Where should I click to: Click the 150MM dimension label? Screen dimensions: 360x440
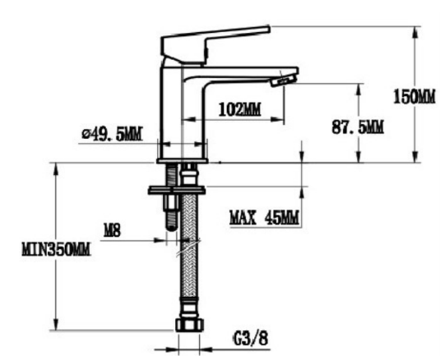(415, 96)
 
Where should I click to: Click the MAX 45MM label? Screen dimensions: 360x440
(263, 219)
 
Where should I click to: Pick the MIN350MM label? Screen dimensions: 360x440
(56, 247)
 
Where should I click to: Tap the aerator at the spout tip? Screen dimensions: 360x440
(282, 79)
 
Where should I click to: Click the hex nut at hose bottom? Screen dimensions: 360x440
(188, 323)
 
